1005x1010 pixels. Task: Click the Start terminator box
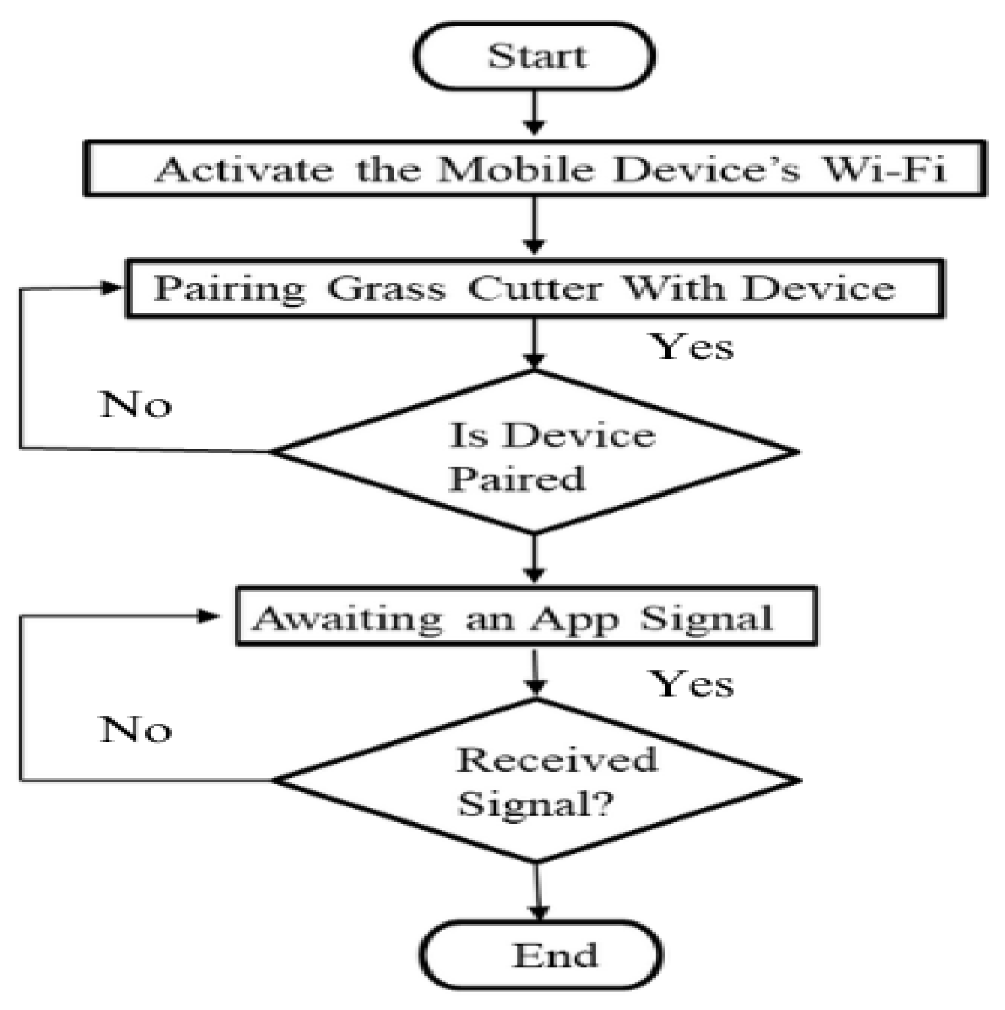tap(534, 56)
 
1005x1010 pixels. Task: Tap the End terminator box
tap(540, 955)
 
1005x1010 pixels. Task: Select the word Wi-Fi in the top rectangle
tap(883, 169)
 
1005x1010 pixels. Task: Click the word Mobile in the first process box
tap(515, 169)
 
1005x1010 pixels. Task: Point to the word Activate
tap(244, 169)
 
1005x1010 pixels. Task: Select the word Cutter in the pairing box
tap(534, 289)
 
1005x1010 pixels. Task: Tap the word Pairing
tap(229, 289)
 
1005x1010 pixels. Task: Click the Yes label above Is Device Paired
tap(691, 347)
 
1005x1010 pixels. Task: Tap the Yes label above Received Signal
tap(691, 684)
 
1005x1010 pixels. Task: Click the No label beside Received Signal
tap(136, 730)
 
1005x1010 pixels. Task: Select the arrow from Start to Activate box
tap(534, 113)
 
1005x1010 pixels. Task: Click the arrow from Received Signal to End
tap(538, 892)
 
